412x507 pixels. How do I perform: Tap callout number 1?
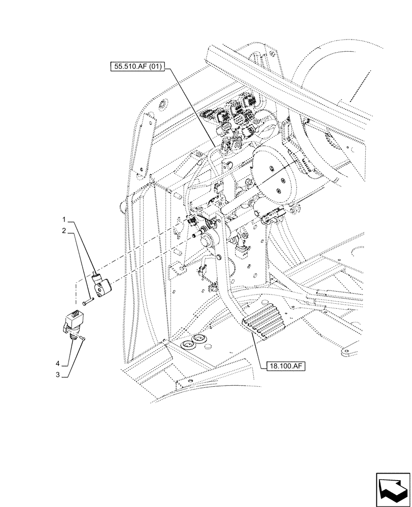pyautogui.click(x=64, y=220)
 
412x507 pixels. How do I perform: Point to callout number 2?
pyautogui.click(x=64, y=230)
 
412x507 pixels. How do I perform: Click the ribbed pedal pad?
pyautogui.click(x=263, y=321)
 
